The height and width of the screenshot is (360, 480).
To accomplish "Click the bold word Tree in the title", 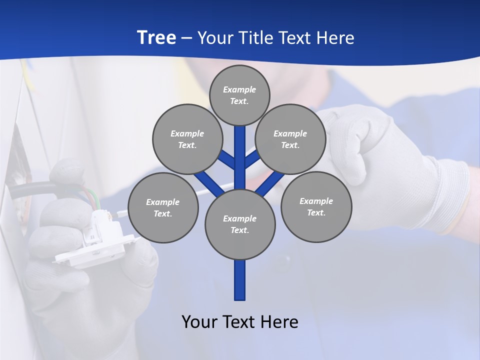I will pyautogui.click(x=156, y=37).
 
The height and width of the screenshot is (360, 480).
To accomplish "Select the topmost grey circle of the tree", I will pyautogui.click(x=239, y=95).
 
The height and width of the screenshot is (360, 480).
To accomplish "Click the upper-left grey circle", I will pyautogui.click(x=187, y=139).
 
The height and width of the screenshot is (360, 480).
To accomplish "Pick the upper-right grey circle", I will pyautogui.click(x=290, y=139).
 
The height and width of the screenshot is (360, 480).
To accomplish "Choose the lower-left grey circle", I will pyautogui.click(x=163, y=207).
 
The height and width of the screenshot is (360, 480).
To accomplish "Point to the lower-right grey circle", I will pyautogui.click(x=316, y=206).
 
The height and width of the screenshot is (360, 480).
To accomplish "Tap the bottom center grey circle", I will pyautogui.click(x=240, y=224).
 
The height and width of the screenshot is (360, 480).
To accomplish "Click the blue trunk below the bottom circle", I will pyautogui.click(x=240, y=280).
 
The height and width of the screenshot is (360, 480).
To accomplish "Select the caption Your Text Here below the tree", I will pyautogui.click(x=240, y=321).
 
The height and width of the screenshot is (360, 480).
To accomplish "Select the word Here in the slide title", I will pyautogui.click(x=337, y=37).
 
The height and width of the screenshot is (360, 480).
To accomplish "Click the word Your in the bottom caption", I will pyautogui.click(x=200, y=321).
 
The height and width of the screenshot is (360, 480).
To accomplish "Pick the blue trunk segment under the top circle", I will pyautogui.click(x=240, y=150).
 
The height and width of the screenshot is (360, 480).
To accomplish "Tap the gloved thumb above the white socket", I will pyautogui.click(x=67, y=172).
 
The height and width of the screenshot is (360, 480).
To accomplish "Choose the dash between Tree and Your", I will pyautogui.click(x=186, y=37).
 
